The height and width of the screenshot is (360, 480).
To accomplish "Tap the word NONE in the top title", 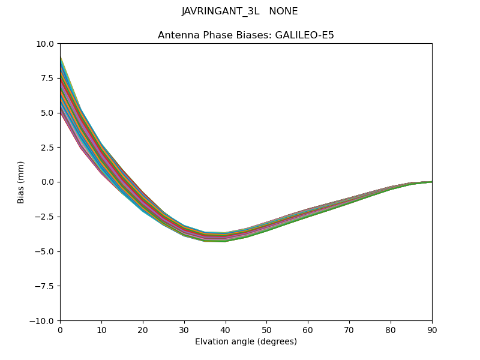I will click(284, 11).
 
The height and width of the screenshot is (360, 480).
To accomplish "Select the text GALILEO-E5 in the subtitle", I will click(304, 35).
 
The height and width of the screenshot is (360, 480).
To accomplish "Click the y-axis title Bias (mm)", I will click(21, 182).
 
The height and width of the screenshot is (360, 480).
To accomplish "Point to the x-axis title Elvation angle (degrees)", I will click(246, 342).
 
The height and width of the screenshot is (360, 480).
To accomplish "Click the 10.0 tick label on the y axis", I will click(45, 43).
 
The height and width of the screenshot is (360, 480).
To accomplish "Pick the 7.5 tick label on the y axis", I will click(47, 78).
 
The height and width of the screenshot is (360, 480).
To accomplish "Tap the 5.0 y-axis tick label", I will click(47, 113).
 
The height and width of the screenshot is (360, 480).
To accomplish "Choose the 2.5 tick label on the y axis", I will click(47, 148).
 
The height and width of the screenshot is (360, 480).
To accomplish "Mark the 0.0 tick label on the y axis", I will click(47, 182).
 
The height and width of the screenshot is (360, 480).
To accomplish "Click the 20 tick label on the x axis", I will click(143, 330).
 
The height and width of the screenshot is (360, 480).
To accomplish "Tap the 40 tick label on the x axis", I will click(226, 330).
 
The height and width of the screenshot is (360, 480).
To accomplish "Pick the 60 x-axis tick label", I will click(308, 330).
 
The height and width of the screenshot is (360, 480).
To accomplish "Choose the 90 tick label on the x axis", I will click(432, 330).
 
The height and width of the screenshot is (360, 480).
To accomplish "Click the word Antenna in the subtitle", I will click(177, 35).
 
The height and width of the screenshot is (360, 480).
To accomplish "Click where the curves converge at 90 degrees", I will click(431, 181).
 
